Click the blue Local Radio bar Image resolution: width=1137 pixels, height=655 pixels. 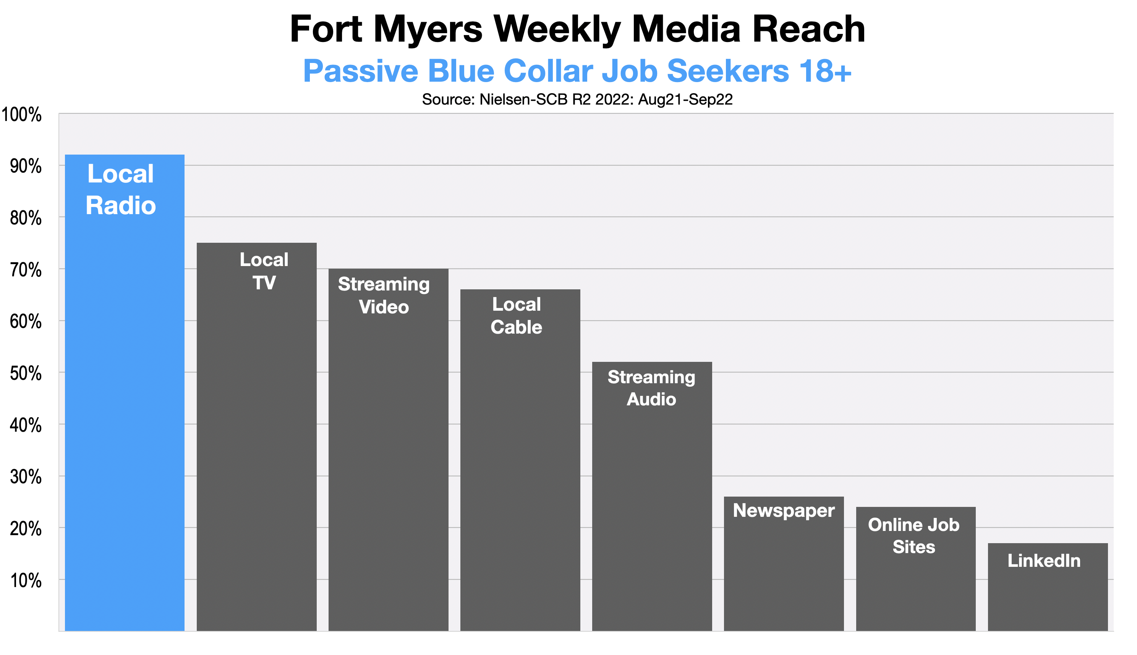(124, 405)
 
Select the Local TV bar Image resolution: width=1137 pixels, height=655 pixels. (256, 450)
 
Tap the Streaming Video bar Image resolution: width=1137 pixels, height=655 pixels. (388, 463)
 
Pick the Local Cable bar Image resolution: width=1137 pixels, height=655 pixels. (520, 473)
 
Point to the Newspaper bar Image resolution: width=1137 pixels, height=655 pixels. (784, 571)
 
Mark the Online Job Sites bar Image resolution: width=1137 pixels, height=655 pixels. (915, 585)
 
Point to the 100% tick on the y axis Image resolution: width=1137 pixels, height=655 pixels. (22, 115)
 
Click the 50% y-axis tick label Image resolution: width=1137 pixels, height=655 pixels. (26, 373)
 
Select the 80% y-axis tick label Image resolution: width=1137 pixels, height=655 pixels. (26, 218)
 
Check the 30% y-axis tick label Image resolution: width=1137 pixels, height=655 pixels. (26, 477)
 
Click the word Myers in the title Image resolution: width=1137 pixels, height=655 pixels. (428, 30)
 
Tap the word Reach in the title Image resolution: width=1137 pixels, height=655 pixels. (808, 30)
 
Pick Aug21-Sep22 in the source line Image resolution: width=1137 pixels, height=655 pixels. (685, 99)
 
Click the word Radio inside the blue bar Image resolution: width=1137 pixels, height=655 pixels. (121, 206)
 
